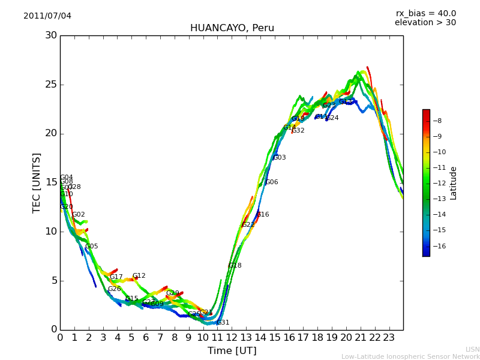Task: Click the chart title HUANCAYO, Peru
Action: [232, 28]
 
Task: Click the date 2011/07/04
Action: [47, 16]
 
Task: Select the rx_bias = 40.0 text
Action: [425, 14]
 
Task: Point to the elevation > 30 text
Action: [425, 23]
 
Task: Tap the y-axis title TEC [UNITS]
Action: [37, 182]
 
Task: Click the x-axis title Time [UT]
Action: [232, 351]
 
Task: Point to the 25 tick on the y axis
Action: [51, 85]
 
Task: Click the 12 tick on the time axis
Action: [232, 337]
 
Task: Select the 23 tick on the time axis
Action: [389, 337]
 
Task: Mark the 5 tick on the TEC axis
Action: [53, 281]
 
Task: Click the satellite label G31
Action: [223, 323]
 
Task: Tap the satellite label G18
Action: [235, 266]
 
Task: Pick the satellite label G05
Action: [92, 247]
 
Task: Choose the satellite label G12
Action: [139, 276]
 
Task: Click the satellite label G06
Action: [272, 182]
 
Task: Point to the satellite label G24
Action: [332, 118]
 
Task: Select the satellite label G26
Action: [114, 289]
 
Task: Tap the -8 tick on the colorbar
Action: [438, 121]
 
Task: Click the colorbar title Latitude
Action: [454, 183]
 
